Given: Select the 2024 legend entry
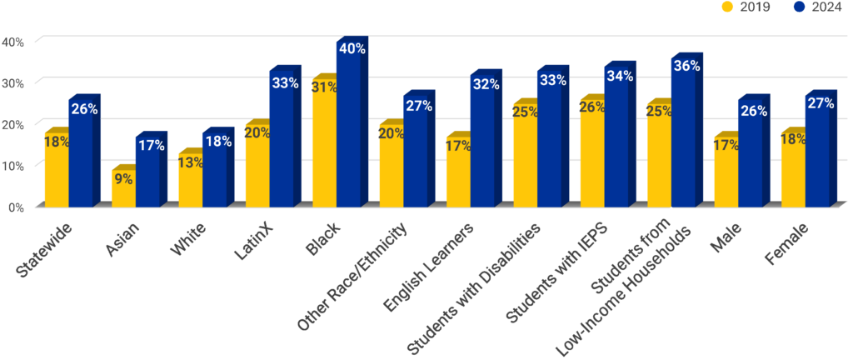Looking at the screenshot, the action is pyautogui.click(x=810, y=7).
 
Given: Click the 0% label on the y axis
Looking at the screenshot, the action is pyautogui.click(x=16, y=207).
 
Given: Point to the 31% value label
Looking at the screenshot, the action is pyautogui.click(x=325, y=87).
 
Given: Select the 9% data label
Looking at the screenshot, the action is pyautogui.click(x=123, y=178).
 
